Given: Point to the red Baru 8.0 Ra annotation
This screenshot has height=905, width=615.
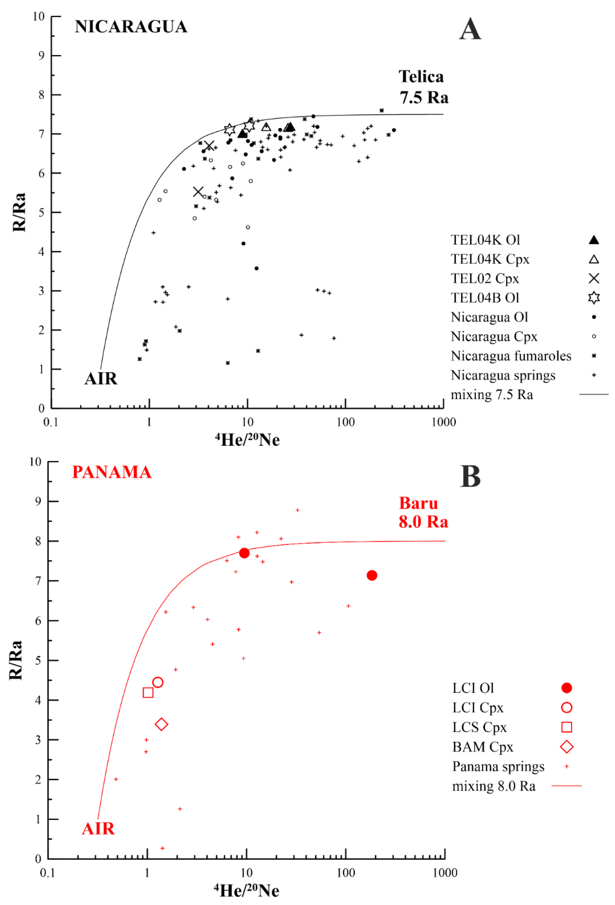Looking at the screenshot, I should (x=423, y=512).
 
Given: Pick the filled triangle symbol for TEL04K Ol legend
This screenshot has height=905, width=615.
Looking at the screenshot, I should (x=593, y=240).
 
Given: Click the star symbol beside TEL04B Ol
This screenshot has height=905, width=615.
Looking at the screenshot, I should (x=593, y=298).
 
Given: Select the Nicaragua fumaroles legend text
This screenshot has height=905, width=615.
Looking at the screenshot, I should (x=511, y=356).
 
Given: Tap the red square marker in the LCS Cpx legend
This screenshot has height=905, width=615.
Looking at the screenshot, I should (x=566, y=727).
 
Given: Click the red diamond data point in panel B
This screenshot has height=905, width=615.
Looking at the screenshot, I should (x=161, y=724).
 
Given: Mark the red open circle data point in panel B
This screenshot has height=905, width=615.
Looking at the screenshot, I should (x=158, y=682).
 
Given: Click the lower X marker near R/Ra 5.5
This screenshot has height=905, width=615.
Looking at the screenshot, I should (x=198, y=192).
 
